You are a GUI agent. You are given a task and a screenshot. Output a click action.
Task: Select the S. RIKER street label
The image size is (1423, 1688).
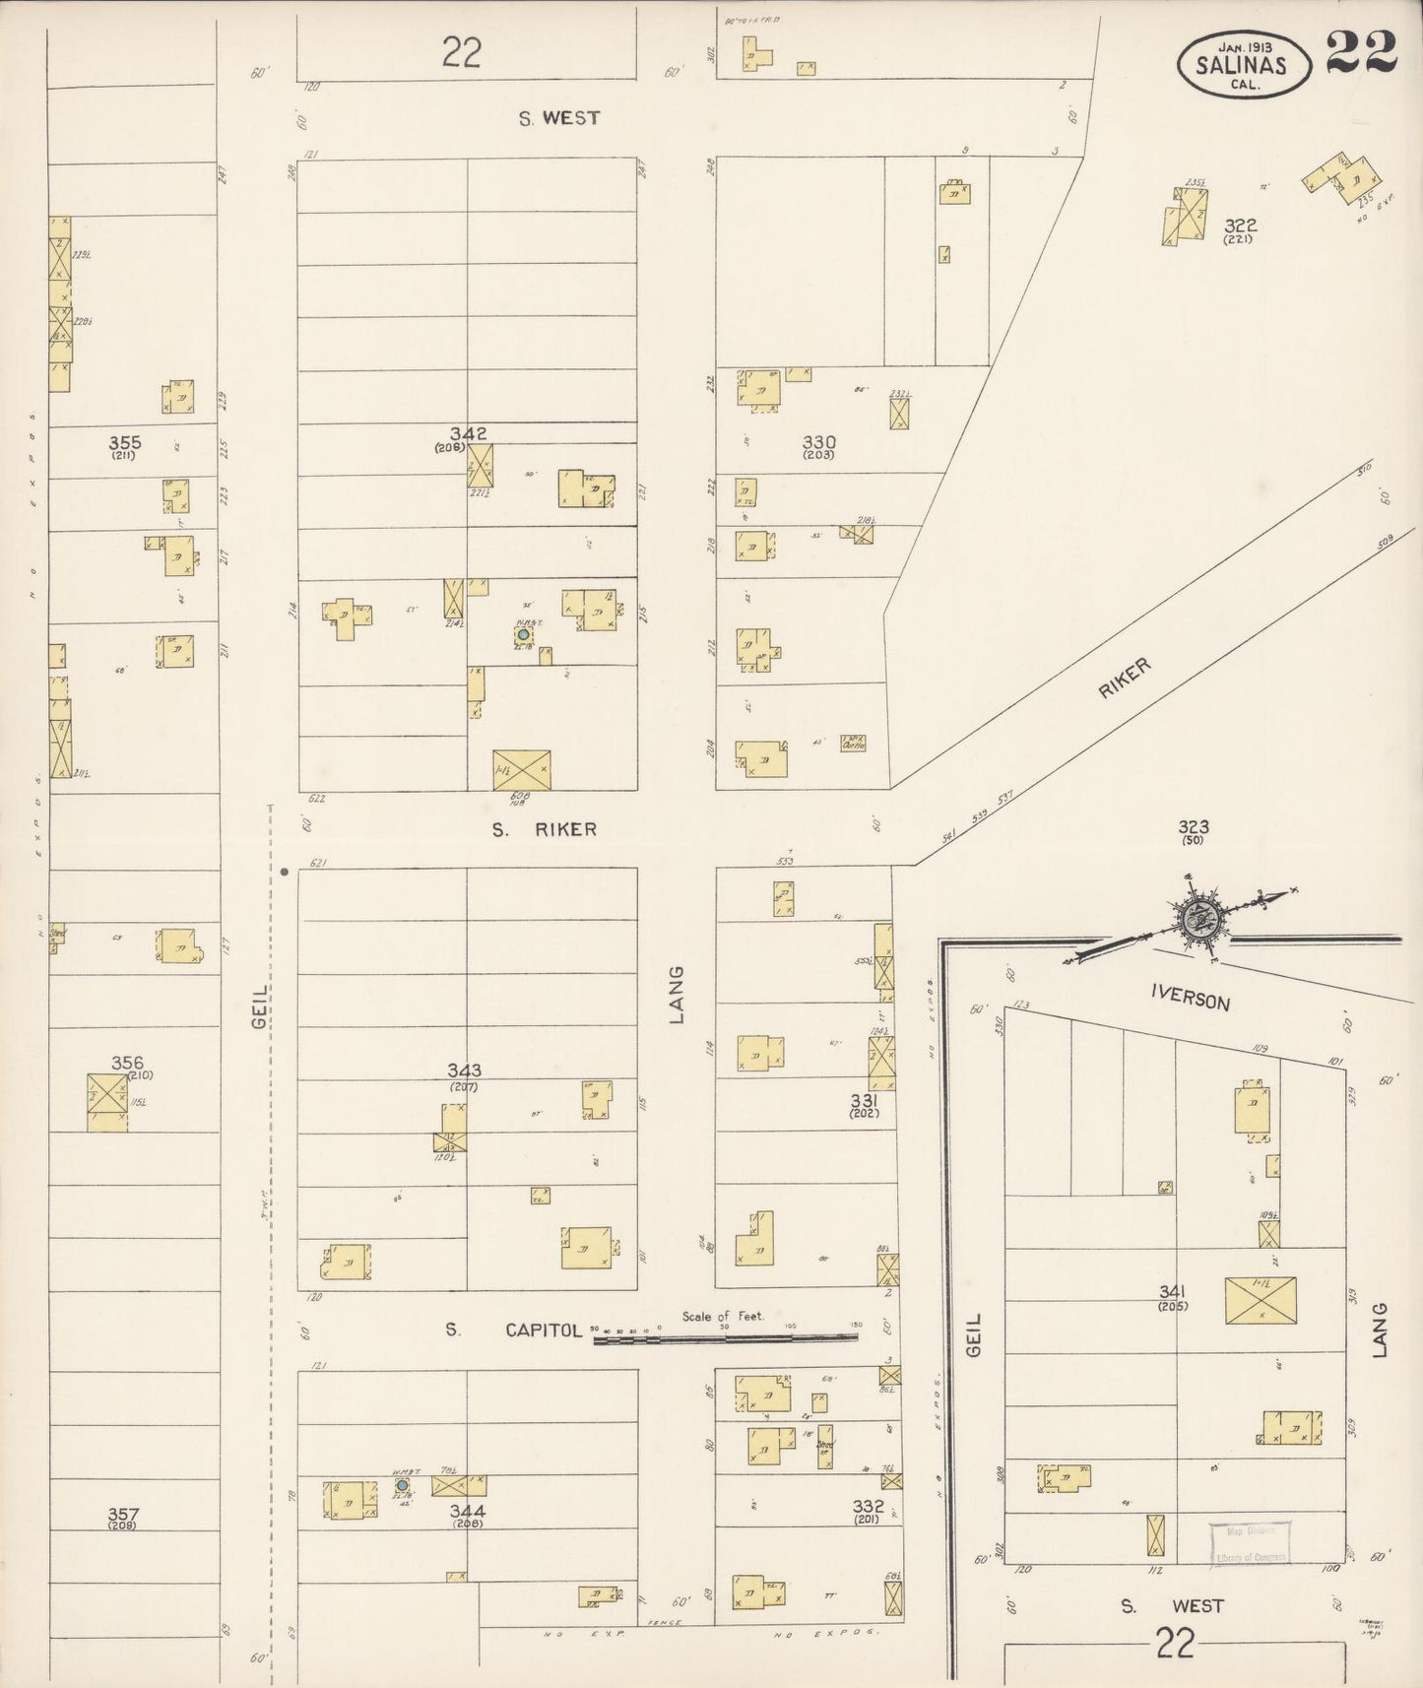[x=545, y=829]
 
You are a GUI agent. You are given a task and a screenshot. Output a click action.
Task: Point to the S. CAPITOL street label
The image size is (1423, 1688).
[x=511, y=1330]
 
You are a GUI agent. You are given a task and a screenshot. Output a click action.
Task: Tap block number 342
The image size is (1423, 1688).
[x=469, y=433]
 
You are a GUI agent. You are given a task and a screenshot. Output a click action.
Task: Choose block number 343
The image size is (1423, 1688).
[x=464, y=1071]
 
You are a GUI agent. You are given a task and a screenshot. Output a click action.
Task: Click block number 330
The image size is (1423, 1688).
[x=818, y=442]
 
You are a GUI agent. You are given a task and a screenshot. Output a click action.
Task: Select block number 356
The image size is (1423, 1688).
[x=127, y=1063]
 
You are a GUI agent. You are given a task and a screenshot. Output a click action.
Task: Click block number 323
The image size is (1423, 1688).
[x=1194, y=827]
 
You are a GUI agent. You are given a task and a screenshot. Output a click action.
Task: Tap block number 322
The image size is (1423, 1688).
[x=1241, y=225]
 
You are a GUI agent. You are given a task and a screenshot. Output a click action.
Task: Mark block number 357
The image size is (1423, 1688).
[x=124, y=1514]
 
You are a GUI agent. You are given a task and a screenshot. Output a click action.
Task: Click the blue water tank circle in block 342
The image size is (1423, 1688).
[x=523, y=635]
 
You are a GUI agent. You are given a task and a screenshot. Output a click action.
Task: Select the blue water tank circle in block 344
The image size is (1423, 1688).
[x=402, y=1484]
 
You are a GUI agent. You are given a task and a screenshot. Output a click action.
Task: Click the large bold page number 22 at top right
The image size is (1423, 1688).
[x=1362, y=51]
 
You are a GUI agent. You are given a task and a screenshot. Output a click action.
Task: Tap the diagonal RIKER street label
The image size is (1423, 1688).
[x=1124, y=680]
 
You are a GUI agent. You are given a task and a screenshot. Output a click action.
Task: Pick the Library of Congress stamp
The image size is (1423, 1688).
[x=1248, y=1544]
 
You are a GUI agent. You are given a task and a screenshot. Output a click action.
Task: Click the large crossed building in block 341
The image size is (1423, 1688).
[x=1261, y=1301]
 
